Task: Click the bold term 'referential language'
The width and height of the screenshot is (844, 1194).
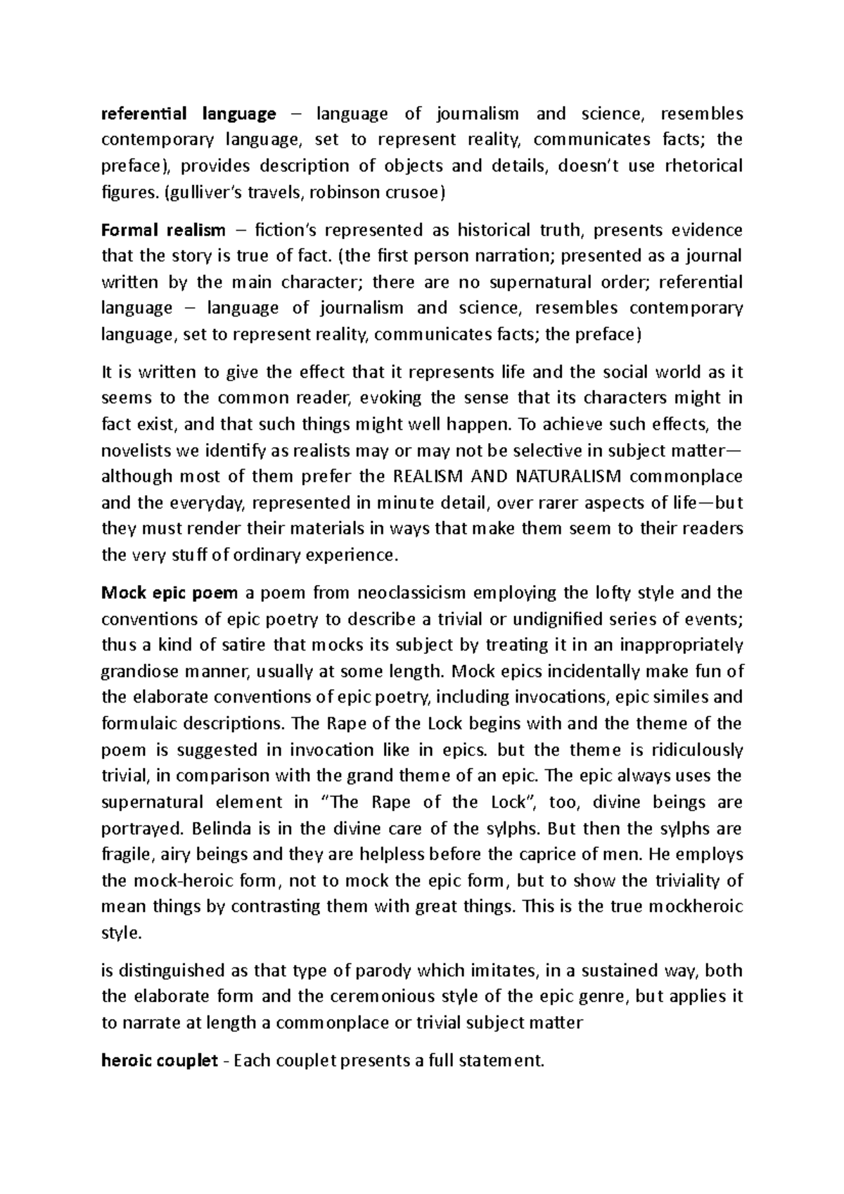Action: pyautogui.click(x=188, y=114)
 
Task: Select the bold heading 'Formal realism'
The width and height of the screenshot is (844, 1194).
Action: pyautogui.click(x=163, y=231)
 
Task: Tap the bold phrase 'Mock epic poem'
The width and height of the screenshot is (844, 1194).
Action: pyautogui.click(x=170, y=593)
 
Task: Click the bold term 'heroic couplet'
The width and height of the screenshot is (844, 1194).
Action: pyautogui.click(x=160, y=1061)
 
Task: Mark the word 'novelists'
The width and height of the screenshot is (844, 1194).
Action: pyautogui.click(x=134, y=451)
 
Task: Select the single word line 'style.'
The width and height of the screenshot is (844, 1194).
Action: pyautogui.click(x=122, y=933)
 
